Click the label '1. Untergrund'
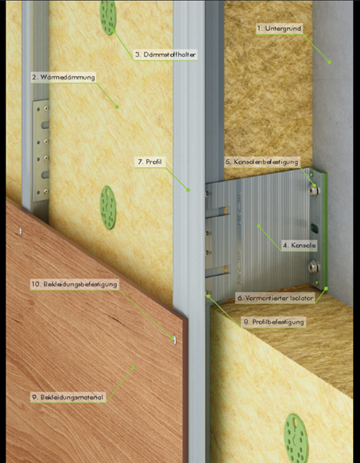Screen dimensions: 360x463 (x=279, y=29)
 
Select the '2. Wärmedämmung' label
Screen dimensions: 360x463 (x=64, y=77)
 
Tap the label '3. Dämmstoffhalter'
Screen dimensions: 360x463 (x=165, y=55)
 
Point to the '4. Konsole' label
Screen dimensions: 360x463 (x=300, y=245)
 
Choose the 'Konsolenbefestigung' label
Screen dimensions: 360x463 (x=262, y=161)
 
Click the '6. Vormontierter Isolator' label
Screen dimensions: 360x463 (x=275, y=298)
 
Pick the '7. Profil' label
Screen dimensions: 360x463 (x=149, y=161)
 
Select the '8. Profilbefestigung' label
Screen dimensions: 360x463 (x=273, y=322)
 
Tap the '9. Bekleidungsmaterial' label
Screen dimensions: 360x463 (x=68, y=397)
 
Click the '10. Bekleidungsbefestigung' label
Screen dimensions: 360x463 (x=75, y=284)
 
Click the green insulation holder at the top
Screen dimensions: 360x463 (x=108, y=18)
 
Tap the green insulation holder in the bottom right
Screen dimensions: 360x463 (x=296, y=438)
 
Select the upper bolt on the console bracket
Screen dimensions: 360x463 (x=314, y=190)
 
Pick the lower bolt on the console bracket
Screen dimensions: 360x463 (x=313, y=267)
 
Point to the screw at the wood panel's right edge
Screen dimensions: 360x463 (x=174, y=340)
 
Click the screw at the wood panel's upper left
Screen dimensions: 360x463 (x=20, y=231)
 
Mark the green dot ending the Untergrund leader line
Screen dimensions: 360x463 (x=329, y=62)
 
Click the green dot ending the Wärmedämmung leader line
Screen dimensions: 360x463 (x=117, y=107)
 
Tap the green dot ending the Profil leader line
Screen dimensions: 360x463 (x=188, y=190)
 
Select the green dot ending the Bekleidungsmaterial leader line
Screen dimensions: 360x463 (x=134, y=368)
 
